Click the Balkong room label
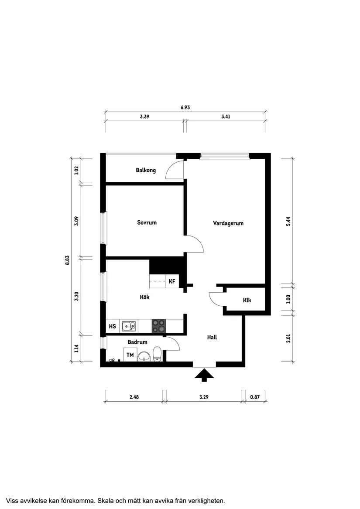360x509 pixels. click(x=146, y=170)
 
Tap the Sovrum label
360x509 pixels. click(x=147, y=222)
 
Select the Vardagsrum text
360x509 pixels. click(x=228, y=223)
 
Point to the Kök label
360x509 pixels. click(x=144, y=297)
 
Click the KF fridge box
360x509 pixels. click(x=172, y=281)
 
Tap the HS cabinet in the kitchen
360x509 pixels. click(x=113, y=326)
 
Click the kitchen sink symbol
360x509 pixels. click(x=129, y=326)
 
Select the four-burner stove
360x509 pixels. click(x=158, y=326)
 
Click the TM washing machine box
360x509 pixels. click(x=130, y=355)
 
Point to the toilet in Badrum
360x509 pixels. click(x=157, y=354)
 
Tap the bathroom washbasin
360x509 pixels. click(x=144, y=356)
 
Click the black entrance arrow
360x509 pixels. click(x=204, y=375)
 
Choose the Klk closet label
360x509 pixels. click(x=247, y=300)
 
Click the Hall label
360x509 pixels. click(x=212, y=337)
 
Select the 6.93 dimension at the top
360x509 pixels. click(x=185, y=107)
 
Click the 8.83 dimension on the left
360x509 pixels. click(x=67, y=260)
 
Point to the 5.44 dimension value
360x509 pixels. click(x=288, y=221)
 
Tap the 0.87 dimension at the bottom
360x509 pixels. click(x=255, y=397)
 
